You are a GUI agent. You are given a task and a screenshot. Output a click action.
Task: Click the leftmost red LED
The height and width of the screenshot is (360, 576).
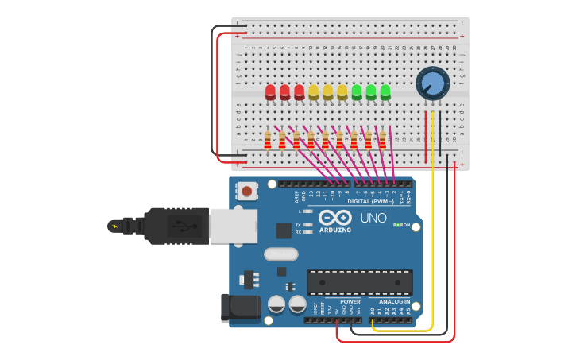[x=270, y=92]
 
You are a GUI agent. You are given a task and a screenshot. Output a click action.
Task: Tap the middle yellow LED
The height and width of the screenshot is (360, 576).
[x=327, y=92]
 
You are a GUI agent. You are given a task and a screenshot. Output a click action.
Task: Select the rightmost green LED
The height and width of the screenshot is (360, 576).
[x=385, y=92]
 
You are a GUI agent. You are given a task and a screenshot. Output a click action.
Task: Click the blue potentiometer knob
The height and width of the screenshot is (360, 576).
[x=432, y=83]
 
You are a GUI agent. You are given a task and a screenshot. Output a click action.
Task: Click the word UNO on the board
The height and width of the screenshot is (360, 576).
[x=373, y=218]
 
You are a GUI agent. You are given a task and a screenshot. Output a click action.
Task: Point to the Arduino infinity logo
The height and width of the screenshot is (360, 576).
[x=335, y=217]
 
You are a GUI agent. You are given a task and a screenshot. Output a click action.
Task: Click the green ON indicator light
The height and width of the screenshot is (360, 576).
[x=396, y=225]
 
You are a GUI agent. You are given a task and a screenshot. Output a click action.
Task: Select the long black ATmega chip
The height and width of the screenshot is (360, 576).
[x=359, y=282]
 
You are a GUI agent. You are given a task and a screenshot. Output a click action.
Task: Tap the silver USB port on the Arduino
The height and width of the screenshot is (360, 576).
[x=233, y=226]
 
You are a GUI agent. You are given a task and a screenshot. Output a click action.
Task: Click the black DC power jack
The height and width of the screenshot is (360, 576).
[x=240, y=308]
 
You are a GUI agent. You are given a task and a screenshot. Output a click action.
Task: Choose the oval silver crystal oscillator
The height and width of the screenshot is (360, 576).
[x=280, y=254]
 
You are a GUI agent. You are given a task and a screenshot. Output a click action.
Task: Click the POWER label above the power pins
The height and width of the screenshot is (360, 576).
[x=350, y=301]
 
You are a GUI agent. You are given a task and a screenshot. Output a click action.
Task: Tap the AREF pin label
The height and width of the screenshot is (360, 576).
[x=295, y=193]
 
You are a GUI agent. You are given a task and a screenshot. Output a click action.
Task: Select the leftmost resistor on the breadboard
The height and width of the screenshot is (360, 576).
[x=268, y=141]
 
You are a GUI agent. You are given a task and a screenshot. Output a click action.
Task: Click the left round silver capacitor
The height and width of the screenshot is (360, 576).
[x=276, y=304]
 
